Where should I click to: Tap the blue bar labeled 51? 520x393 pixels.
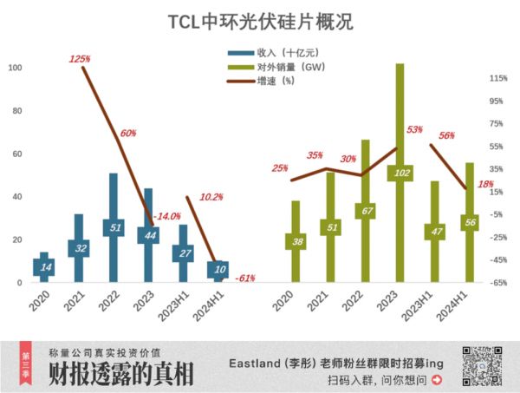(114, 227)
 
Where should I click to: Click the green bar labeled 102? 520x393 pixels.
(400, 173)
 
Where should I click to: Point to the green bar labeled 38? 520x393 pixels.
(296, 242)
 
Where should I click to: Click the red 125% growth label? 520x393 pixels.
(79, 59)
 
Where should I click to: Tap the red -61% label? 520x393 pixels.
(244, 278)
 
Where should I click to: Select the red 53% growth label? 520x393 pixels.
(413, 129)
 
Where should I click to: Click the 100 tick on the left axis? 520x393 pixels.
(15, 69)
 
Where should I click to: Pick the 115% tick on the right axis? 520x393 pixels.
(497, 79)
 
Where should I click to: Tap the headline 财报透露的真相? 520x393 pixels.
(121, 374)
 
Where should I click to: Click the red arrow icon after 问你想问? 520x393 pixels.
(437, 380)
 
